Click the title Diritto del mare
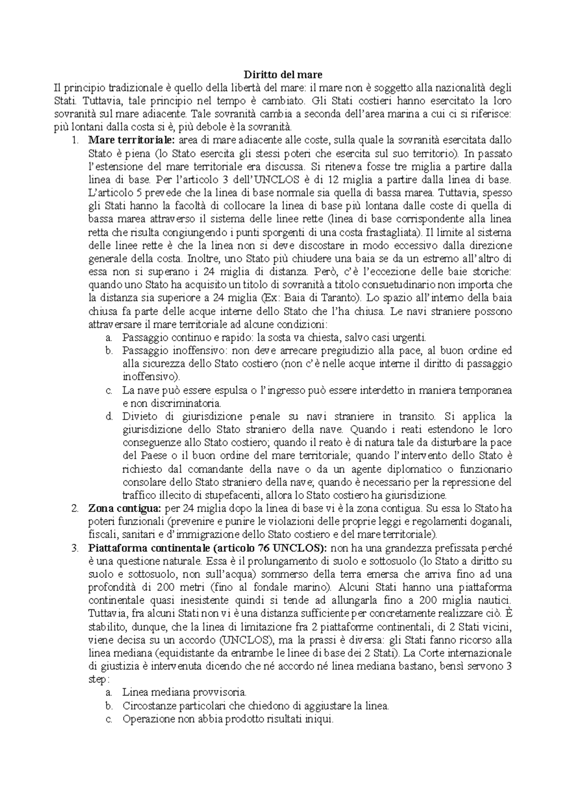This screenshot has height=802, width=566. point(283,74)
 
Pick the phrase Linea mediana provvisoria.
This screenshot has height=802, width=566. point(184,693)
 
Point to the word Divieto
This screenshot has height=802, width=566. point(136,417)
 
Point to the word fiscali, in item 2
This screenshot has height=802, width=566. point(103,535)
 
